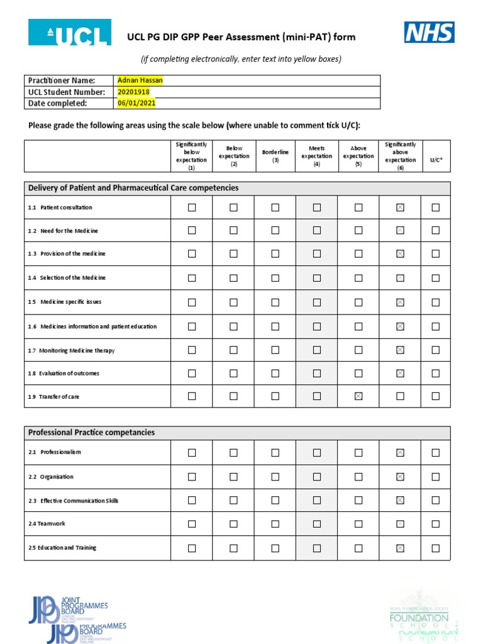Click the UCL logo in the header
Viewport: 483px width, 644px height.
tap(69, 32)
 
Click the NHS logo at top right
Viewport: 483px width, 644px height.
tap(429, 32)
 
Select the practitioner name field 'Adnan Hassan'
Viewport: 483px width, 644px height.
tap(140, 80)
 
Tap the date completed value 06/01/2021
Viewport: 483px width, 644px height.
tap(136, 103)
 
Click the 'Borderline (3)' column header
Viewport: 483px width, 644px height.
tap(275, 156)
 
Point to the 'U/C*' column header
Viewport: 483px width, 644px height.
tap(436, 160)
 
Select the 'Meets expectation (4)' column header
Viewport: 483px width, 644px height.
tap(316, 156)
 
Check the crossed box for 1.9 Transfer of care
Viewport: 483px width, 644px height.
tap(358, 396)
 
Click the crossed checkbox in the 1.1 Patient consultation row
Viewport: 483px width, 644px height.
tap(400, 208)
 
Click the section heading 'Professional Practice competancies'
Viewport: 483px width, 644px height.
tap(91, 433)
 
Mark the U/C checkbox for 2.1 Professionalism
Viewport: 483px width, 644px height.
tap(435, 452)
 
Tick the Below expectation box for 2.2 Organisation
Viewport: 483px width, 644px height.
tap(233, 477)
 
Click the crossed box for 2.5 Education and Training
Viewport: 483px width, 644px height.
tap(400, 548)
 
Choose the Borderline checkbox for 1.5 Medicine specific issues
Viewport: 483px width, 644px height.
tap(275, 302)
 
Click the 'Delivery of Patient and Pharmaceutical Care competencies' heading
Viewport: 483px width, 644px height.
tap(133, 188)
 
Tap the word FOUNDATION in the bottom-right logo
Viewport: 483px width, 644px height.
tap(419, 618)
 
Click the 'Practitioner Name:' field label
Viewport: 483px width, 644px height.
tap(62, 80)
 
